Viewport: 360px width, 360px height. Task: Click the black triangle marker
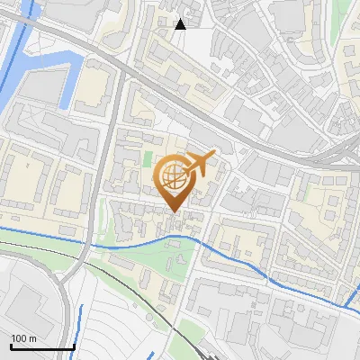[180, 24]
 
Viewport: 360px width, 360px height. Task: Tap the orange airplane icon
[200, 164]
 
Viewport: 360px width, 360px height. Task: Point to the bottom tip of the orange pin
[175, 212]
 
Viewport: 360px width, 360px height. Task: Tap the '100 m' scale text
[24, 338]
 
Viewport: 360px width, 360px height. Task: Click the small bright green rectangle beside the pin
[148, 159]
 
